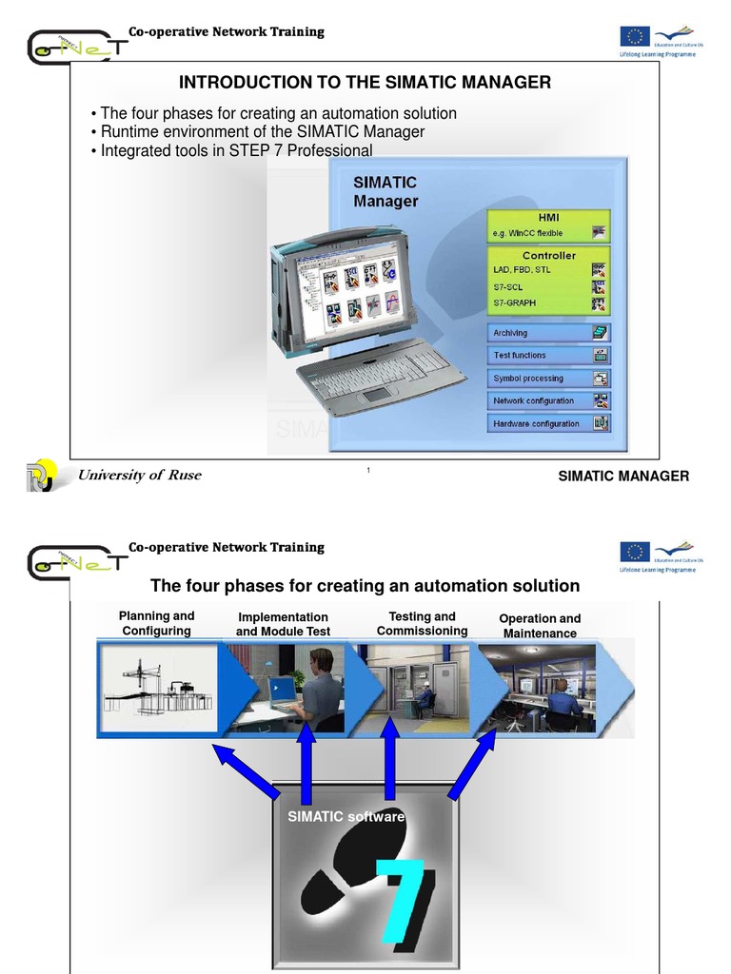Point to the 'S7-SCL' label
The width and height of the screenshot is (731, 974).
point(510,286)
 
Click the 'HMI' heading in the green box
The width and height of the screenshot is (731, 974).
point(548,217)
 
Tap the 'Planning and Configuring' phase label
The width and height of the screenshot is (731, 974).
point(156,624)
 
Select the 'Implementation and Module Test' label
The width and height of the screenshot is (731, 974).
point(283,625)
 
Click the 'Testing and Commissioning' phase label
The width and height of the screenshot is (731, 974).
point(422,624)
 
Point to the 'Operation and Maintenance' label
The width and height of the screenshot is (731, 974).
point(540,626)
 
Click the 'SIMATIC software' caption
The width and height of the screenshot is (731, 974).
point(346,816)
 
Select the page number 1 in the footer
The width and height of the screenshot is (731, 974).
point(367,472)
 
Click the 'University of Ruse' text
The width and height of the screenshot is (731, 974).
point(139,476)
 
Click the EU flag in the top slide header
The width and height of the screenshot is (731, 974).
point(635,36)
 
